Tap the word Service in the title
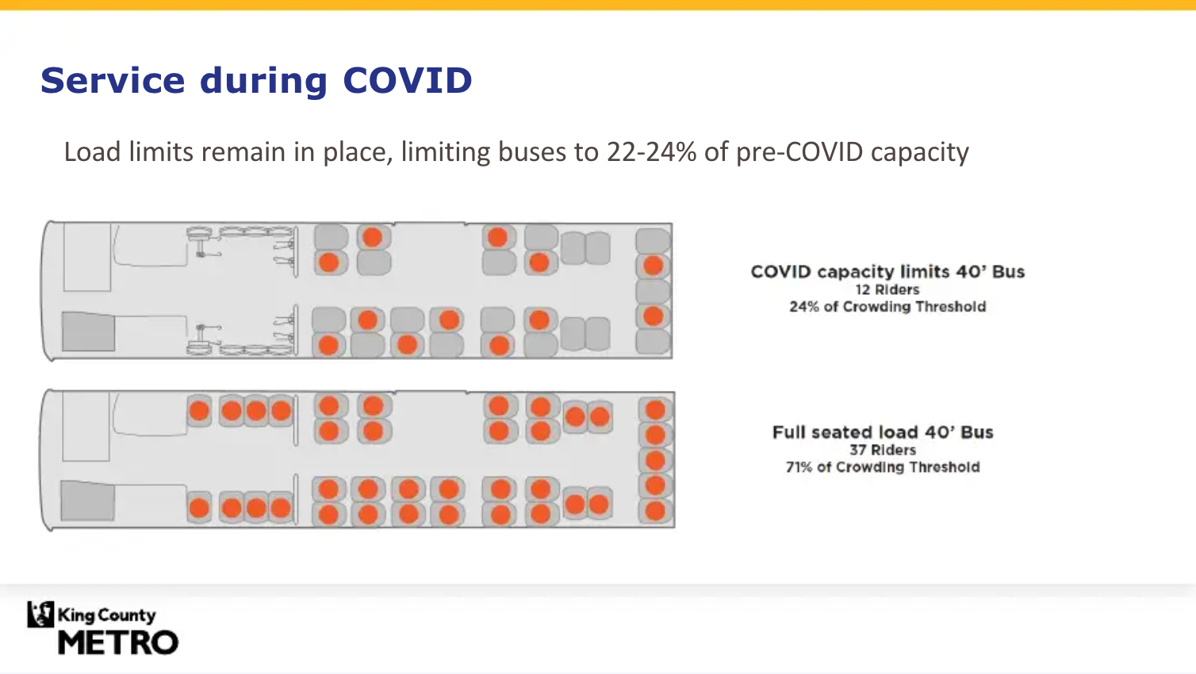click(x=112, y=81)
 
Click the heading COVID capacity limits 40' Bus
click(x=887, y=272)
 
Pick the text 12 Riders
click(x=887, y=290)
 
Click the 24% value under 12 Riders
click(x=803, y=307)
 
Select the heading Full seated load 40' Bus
click(x=883, y=432)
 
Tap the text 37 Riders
click(x=883, y=450)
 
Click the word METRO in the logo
click(x=118, y=642)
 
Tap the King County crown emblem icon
click(x=40, y=615)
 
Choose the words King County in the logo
click(x=107, y=615)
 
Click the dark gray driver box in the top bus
click(x=88, y=331)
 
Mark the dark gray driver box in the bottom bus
click(x=87, y=501)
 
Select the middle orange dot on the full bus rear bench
click(x=655, y=460)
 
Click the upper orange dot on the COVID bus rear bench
click(x=653, y=266)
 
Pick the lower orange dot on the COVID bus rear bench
click(x=653, y=316)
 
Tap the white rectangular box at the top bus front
click(x=87, y=257)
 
